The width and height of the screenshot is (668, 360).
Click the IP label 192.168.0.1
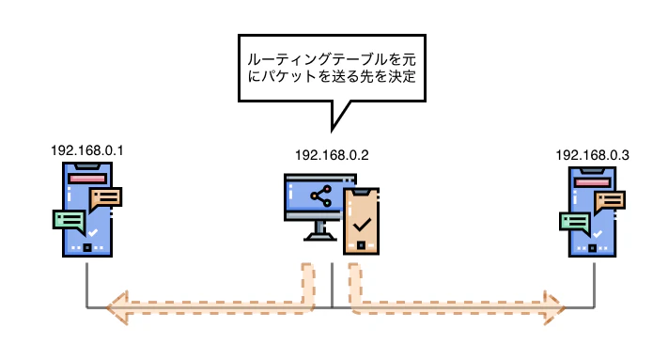87,149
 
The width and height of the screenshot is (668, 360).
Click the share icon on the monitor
321,196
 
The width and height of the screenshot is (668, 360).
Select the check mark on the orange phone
360,226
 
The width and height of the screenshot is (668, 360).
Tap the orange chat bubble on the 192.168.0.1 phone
105,198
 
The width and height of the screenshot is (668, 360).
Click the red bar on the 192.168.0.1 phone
86,178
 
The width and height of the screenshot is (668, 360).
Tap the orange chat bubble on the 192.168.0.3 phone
610,199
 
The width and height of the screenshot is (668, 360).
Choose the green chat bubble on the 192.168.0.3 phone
574,221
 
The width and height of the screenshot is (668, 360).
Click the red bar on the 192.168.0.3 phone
592,181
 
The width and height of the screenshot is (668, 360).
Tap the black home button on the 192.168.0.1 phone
87,249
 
